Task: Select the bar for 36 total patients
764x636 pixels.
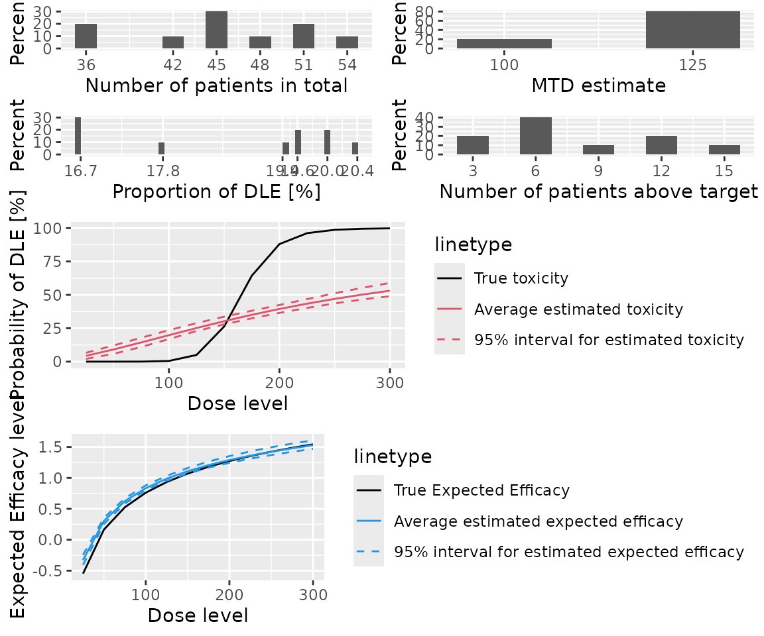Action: [86, 36]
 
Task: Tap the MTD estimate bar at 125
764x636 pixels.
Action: [692, 30]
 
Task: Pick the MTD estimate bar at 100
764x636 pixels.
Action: [504, 44]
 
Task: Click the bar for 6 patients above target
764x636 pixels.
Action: [535, 136]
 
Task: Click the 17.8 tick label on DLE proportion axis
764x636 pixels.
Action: [161, 170]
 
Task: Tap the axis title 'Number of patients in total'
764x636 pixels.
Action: [217, 85]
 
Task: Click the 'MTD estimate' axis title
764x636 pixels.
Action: [598, 85]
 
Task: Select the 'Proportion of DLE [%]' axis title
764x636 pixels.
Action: [217, 191]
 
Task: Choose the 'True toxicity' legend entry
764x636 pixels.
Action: [521, 278]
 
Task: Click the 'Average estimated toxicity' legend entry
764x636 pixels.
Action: [578, 309]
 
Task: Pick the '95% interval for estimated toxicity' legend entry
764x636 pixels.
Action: [609, 340]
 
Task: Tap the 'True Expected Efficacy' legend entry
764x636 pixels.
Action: [481, 490]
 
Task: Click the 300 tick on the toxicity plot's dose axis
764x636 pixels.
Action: [389, 383]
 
